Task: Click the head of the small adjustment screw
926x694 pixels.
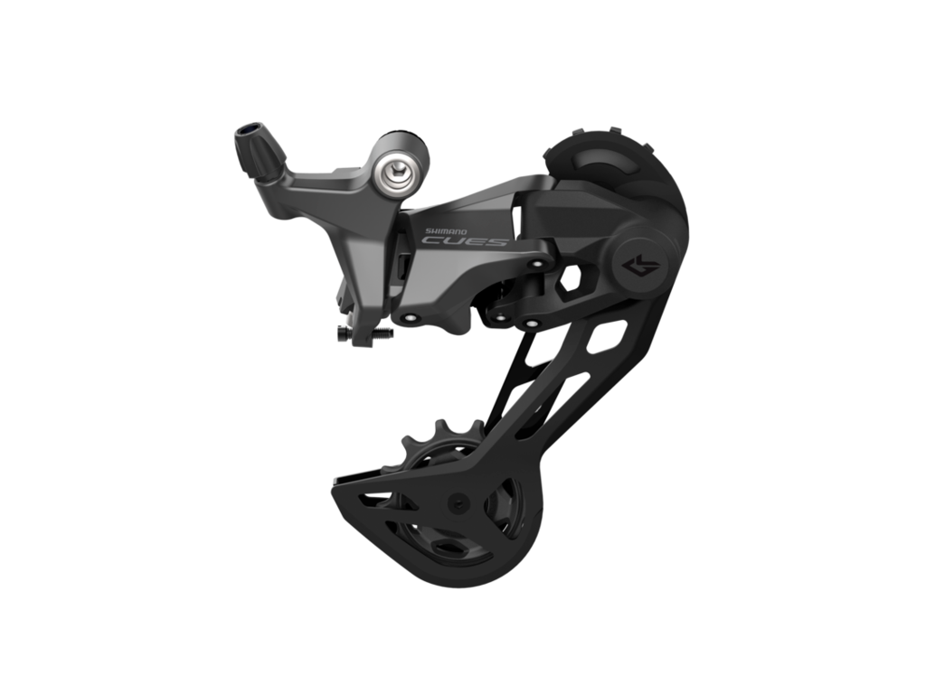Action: pyautogui.click(x=343, y=334)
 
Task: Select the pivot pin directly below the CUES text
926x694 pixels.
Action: pyautogui.click(x=409, y=318)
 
